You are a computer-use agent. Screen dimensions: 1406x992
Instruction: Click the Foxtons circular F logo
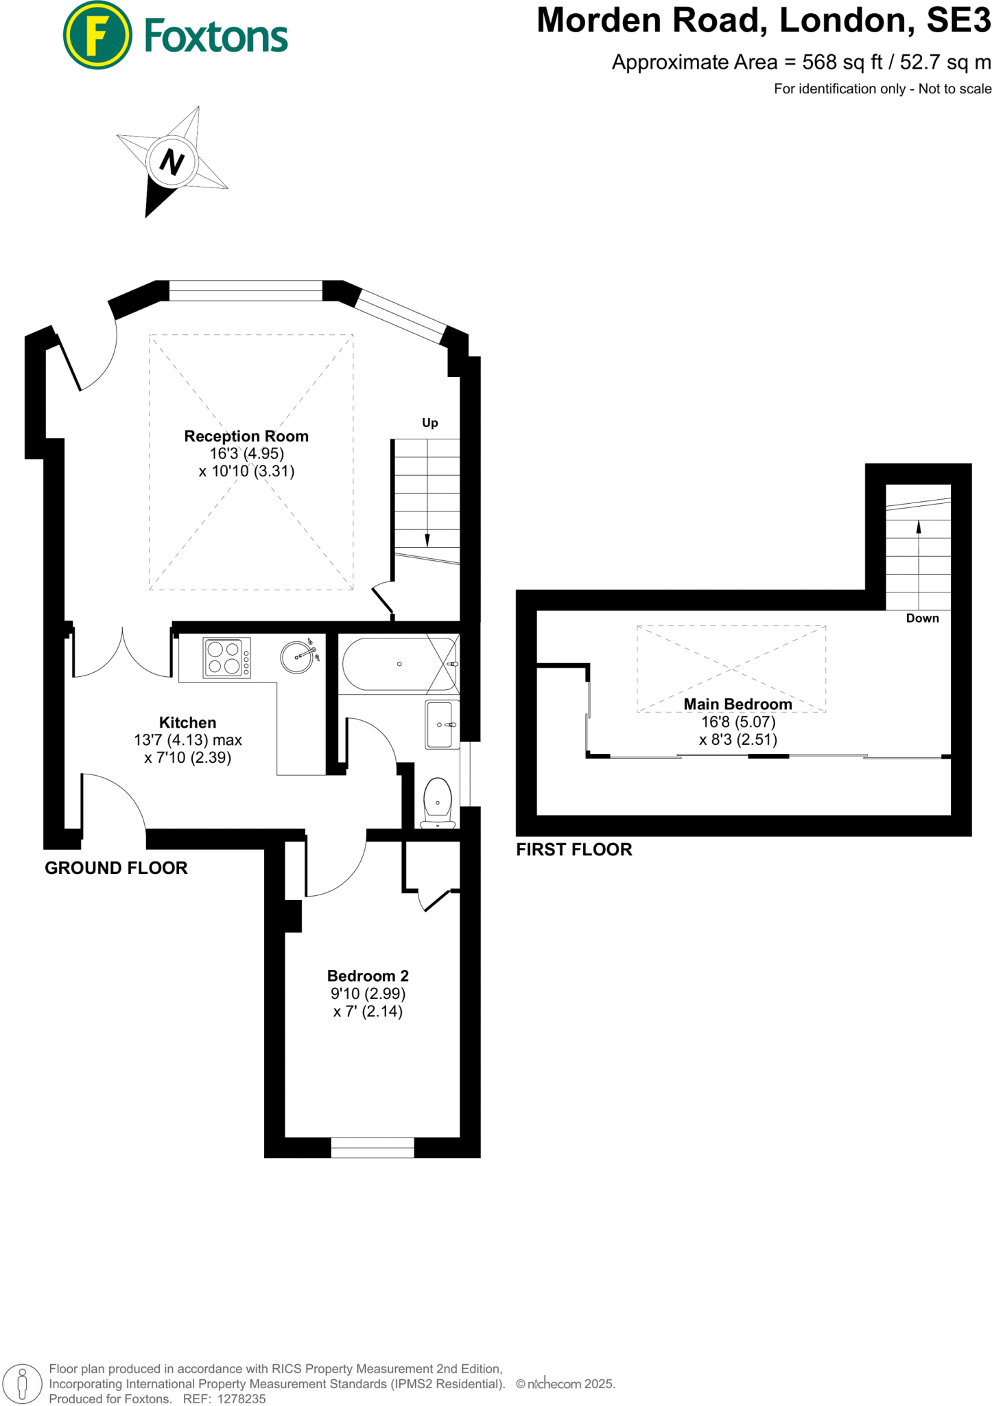click(97, 35)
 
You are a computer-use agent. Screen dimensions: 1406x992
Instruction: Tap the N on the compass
click(172, 162)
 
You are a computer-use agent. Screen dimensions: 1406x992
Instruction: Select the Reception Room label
click(246, 436)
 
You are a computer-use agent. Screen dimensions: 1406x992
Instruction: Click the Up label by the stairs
click(430, 423)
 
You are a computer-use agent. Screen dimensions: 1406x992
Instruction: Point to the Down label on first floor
click(922, 618)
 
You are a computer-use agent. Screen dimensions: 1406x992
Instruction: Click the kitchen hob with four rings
click(226, 658)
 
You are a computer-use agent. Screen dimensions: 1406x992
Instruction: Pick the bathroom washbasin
click(440, 724)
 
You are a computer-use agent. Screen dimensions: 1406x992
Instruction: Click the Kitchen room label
click(187, 722)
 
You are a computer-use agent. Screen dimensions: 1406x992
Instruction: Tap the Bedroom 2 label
click(368, 976)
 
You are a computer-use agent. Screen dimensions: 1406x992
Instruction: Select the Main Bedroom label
click(737, 704)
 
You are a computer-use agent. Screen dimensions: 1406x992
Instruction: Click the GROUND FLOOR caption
click(116, 868)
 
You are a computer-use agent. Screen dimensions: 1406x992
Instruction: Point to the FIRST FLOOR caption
click(574, 849)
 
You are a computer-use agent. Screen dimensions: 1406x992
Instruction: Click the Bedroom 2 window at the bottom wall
click(373, 1147)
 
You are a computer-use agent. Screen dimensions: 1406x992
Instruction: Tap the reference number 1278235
click(241, 1398)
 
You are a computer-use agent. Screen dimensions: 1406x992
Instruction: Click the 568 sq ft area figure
click(842, 62)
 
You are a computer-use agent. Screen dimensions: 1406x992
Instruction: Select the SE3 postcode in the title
click(958, 21)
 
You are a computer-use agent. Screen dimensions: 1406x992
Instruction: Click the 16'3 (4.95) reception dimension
click(246, 453)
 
